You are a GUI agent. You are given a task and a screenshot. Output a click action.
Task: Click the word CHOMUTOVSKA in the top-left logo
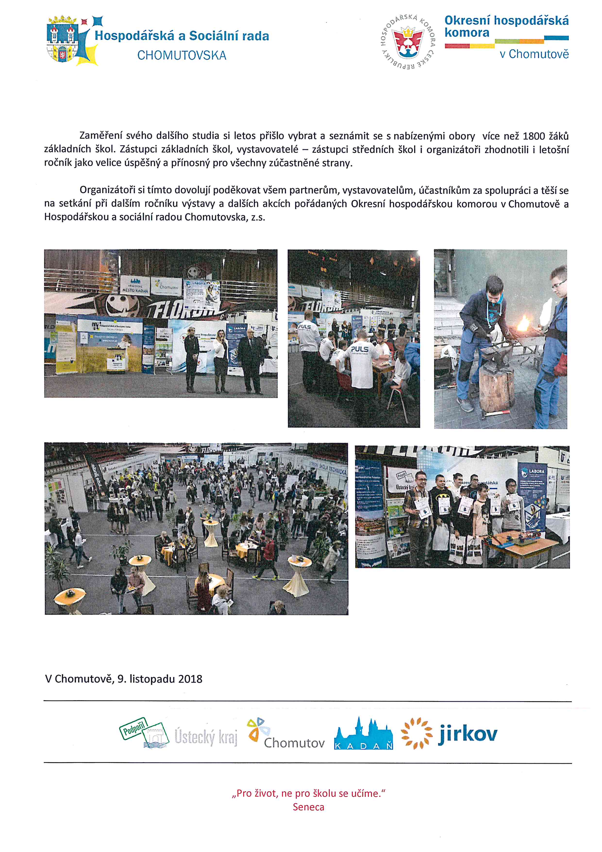[182, 56]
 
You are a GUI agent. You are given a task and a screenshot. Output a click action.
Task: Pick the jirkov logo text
[468, 734]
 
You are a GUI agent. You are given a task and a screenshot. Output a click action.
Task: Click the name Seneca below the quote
[309, 807]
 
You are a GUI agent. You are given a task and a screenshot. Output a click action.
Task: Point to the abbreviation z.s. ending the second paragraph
[258, 217]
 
